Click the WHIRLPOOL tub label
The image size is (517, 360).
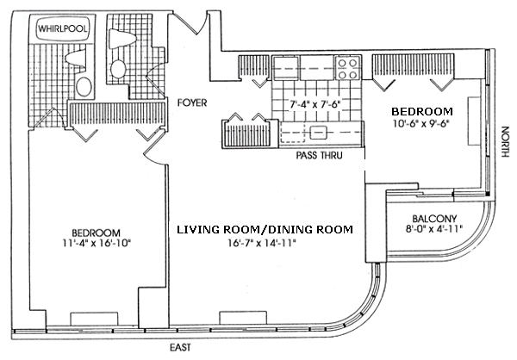62,28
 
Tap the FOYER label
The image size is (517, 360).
192,102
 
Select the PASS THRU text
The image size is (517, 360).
319,155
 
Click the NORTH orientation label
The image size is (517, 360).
505,141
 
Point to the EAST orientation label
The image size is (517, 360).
180,347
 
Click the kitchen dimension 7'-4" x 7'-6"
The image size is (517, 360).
315,104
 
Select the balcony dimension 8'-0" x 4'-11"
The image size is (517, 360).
434,228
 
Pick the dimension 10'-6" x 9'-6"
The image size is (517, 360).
421,123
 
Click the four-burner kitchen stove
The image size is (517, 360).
348,68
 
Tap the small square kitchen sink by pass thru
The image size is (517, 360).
318,133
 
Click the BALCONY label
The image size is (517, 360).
434,219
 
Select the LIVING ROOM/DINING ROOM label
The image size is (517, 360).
265,229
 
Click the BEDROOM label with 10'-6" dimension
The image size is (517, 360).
422,111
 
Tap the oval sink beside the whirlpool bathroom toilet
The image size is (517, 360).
84,87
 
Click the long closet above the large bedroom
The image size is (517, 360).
117,114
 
